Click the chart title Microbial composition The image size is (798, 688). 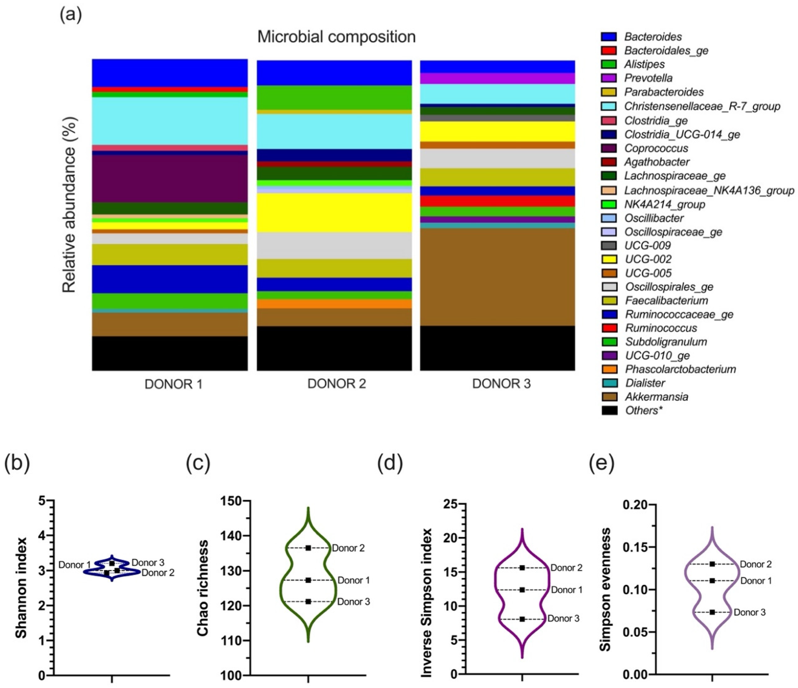pos(336,37)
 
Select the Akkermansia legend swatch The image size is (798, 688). pos(609,397)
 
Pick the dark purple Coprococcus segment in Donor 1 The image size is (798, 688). pos(169,178)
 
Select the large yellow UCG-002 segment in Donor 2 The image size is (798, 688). pos(334,212)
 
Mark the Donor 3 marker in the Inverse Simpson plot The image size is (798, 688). pos(522,619)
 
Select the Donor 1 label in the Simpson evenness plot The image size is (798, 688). pos(756,581)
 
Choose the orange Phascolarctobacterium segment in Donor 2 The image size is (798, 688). pos(334,304)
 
